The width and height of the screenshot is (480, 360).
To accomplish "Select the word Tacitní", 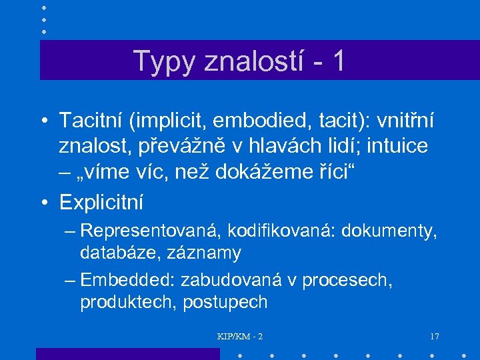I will [x=91, y=122].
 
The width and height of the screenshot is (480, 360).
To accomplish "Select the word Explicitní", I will [x=101, y=201].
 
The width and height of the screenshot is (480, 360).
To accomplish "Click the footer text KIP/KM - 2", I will [x=240, y=336].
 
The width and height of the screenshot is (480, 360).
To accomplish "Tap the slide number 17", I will [x=434, y=336].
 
